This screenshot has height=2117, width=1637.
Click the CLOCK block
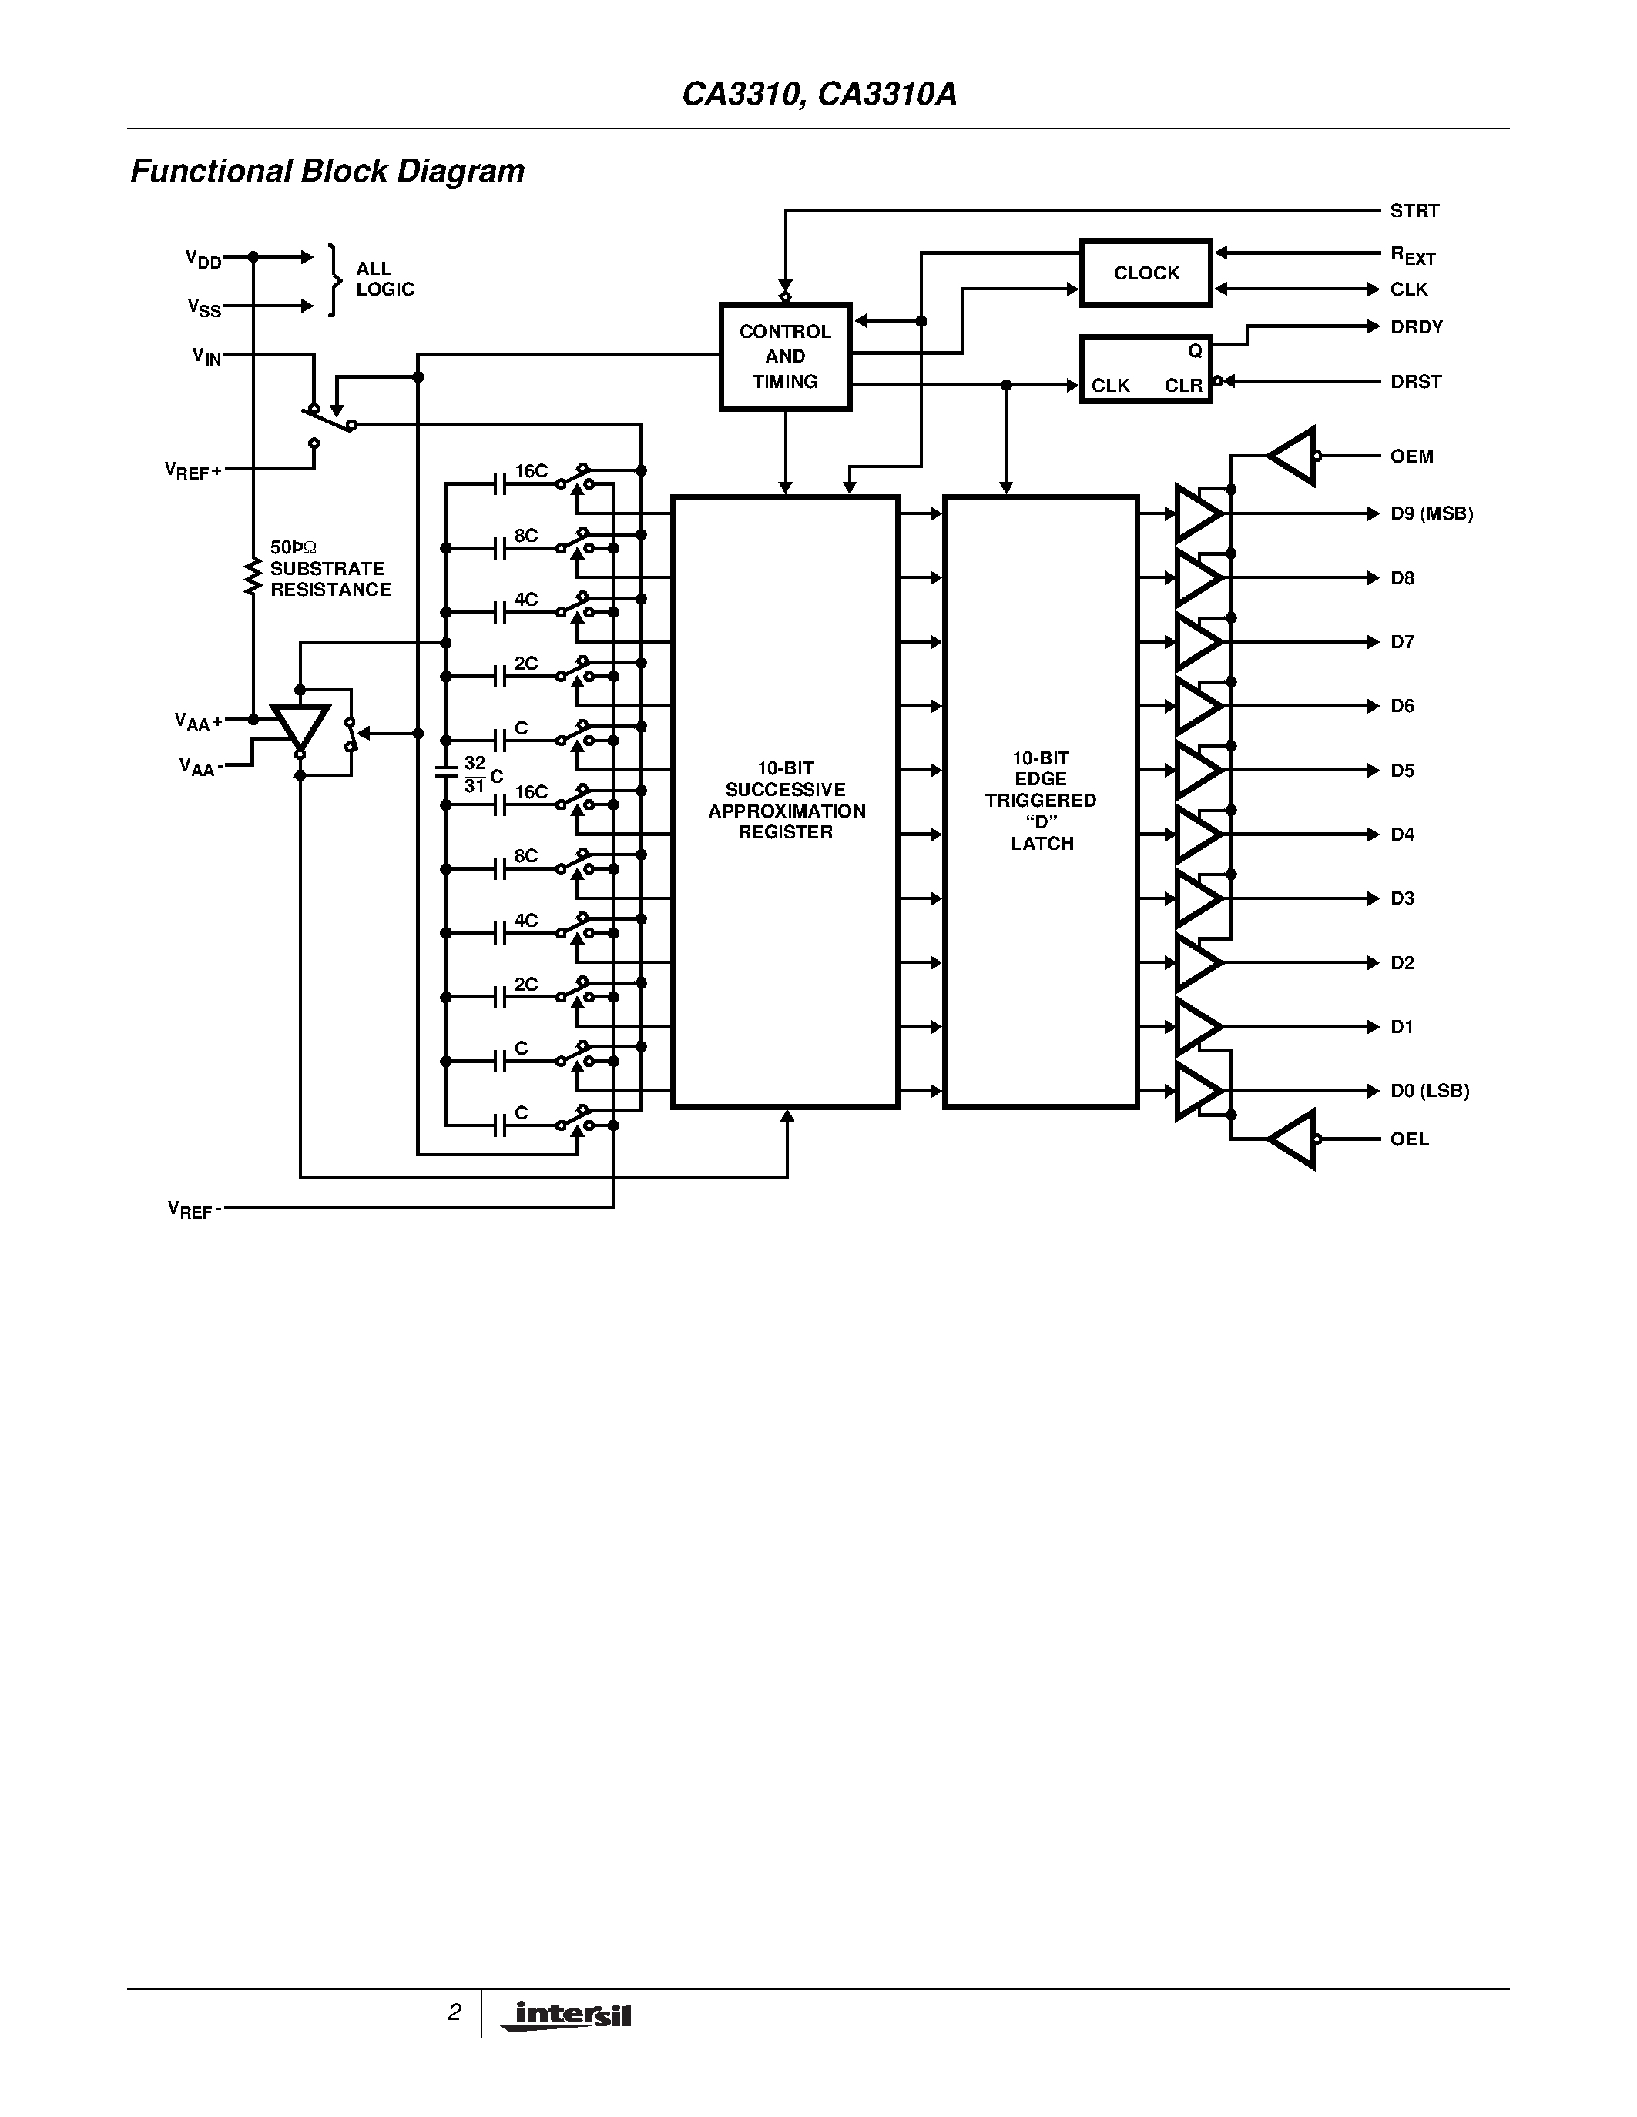[1146, 273]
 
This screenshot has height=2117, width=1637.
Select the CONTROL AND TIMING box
[784, 356]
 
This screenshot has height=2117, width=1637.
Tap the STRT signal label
[1414, 210]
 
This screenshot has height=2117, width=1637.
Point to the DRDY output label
[1416, 326]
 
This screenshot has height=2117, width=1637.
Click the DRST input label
[1415, 381]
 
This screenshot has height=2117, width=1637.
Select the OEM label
[1411, 456]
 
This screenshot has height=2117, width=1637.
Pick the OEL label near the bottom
[1409, 1139]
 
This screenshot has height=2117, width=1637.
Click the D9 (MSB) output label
[1431, 513]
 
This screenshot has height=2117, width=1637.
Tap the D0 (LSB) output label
[1428, 1091]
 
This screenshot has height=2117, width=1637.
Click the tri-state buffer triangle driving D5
[1196, 771]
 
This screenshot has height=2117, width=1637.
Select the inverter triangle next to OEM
[1292, 456]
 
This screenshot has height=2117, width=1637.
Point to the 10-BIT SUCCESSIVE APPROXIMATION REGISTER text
[786, 801]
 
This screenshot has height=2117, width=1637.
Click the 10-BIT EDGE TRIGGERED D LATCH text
[1041, 801]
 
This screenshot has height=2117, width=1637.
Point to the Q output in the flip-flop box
[1195, 351]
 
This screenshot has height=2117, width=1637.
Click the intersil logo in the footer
[567, 2015]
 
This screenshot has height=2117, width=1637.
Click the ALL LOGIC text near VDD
[384, 279]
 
